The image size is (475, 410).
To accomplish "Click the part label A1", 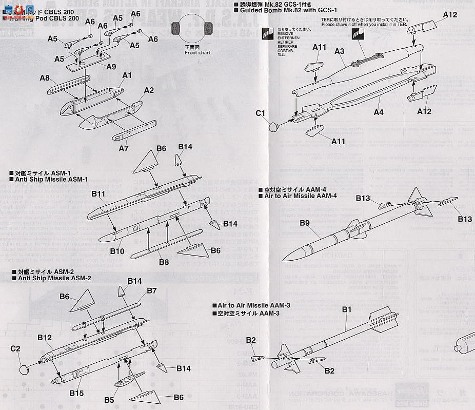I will coord(127,75).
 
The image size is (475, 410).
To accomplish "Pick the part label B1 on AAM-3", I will coord(346,309).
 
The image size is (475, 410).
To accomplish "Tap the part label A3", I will coord(339,51).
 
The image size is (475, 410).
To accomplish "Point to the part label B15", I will coord(76,393).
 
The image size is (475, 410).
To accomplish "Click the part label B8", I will coord(164,262).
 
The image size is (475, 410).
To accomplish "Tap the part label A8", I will coord(45,78).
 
